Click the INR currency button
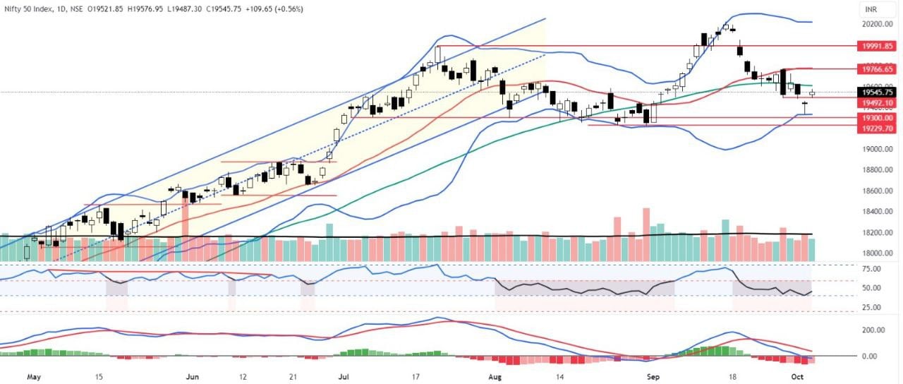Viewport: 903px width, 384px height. click(x=873, y=9)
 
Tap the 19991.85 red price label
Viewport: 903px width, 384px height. click(x=875, y=46)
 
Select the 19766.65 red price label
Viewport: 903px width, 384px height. click(x=875, y=69)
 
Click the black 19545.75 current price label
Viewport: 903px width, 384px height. click(x=875, y=92)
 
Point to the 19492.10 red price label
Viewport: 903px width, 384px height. click(x=875, y=103)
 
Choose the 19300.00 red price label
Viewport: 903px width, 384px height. click(x=875, y=119)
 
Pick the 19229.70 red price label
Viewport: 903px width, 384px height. click(x=875, y=128)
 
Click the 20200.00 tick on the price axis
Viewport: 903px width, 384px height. click(x=875, y=24)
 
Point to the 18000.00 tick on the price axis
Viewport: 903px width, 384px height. click(x=875, y=253)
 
